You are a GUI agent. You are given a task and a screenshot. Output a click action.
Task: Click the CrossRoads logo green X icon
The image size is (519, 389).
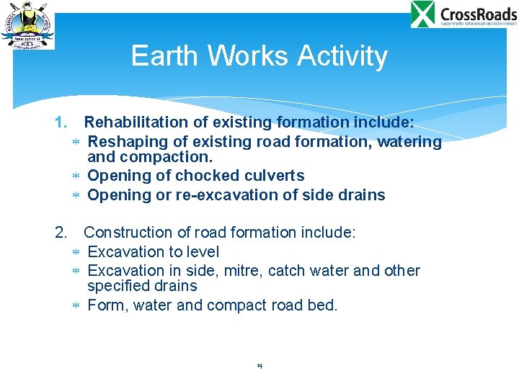tap(423, 14)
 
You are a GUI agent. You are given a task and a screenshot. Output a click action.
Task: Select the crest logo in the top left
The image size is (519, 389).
tap(27, 25)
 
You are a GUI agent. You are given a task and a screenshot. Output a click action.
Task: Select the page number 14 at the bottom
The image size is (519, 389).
tap(259, 367)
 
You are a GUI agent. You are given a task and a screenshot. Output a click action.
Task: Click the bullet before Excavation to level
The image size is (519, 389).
tap(76, 252)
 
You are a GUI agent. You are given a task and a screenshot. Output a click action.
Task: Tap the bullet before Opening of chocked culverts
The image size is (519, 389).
tap(76, 176)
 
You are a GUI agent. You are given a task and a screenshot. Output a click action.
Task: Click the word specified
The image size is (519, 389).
tap(115, 286)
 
